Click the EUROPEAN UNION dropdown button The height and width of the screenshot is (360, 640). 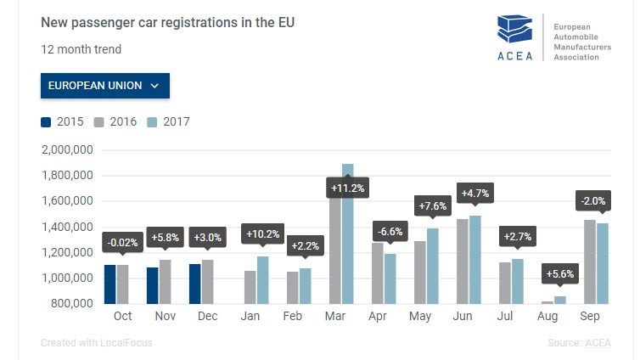coord(104,86)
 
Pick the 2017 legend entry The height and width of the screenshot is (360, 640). coord(168,121)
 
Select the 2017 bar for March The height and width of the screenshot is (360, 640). coord(347,233)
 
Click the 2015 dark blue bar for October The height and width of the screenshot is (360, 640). coord(109,284)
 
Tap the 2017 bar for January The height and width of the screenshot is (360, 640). coord(262,279)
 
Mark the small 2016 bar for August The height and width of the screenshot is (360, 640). coord(547,301)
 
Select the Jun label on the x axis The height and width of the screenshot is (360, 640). coord(463,316)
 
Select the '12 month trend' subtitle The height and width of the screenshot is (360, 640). coord(81,49)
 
